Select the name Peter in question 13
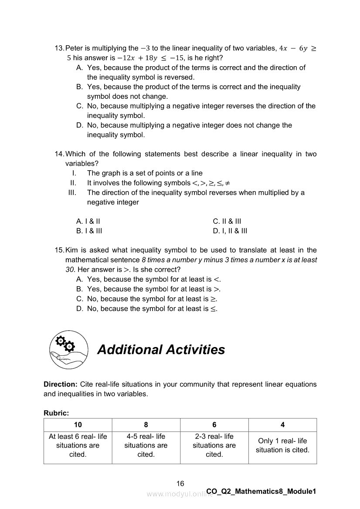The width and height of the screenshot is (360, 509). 74,48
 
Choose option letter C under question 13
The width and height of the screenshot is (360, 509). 79,106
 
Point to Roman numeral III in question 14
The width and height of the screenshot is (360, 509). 72,192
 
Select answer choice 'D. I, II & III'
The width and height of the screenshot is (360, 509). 230,231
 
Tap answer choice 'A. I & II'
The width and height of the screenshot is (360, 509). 88,221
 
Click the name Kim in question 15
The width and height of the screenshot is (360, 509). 71,250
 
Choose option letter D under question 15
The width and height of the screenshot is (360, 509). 79,309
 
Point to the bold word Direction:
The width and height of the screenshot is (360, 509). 61,384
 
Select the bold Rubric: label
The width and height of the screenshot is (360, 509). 56,413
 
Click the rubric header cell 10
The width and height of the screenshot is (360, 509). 78,425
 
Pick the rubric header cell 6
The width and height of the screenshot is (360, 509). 214,425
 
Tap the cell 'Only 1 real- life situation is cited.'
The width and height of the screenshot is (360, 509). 282,445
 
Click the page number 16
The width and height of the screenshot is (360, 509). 180,484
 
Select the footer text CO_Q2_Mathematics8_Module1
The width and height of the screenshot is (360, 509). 261,492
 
